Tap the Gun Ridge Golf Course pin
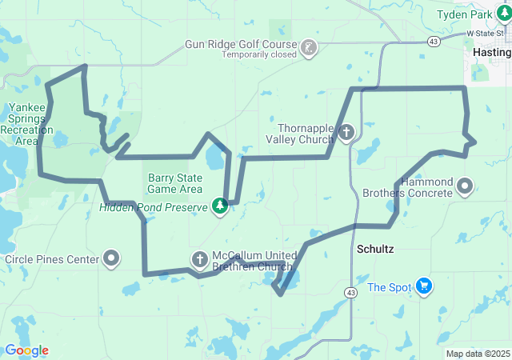pyautogui.click(x=308, y=48)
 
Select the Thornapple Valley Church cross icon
pyautogui.click(x=346, y=133)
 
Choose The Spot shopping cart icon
pyautogui.click(x=424, y=286)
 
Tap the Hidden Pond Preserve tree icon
pyautogui.click(x=220, y=206)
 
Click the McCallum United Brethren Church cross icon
pyautogui.click(x=199, y=258)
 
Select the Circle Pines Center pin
pyautogui.click(x=112, y=258)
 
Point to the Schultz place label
pyautogui.click(x=374, y=249)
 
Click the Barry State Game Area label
pyautogui.click(x=174, y=183)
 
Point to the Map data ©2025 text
pyautogui.click(x=477, y=354)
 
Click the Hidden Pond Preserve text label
pyautogui.click(x=152, y=207)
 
